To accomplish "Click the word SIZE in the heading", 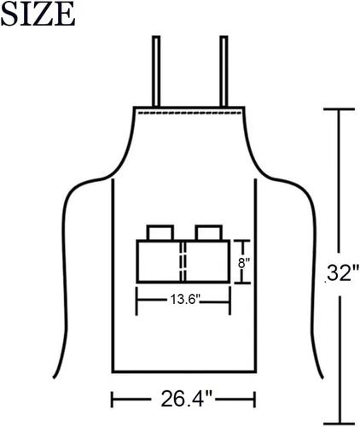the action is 38,15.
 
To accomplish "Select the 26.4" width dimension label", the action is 187,399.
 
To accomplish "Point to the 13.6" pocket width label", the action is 185,299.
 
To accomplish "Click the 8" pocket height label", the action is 244,263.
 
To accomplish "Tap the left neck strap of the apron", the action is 156,71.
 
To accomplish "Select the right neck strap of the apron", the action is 224,71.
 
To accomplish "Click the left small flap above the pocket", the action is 160,232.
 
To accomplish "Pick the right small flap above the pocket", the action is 208,232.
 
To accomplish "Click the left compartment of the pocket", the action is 159,261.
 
